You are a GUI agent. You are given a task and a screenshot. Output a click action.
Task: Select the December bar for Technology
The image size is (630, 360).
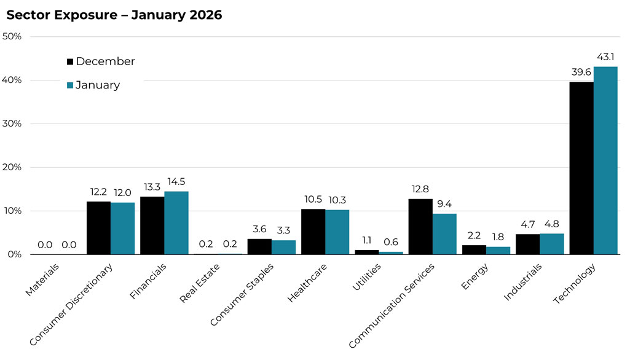click(x=581, y=168)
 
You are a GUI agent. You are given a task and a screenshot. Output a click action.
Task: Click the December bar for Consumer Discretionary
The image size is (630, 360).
click(x=98, y=228)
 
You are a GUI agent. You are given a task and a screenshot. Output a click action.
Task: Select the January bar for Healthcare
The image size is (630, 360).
click(x=337, y=232)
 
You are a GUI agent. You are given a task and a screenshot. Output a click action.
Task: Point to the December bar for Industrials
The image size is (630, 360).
click(x=527, y=244)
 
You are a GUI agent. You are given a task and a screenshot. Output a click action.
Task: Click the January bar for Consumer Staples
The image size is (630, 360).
click(x=283, y=247)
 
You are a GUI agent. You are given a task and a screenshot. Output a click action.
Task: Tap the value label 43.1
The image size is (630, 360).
click(x=606, y=57)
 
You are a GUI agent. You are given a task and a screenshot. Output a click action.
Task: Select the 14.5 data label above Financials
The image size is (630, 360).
click(x=177, y=182)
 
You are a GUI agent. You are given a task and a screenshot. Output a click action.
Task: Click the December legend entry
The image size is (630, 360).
click(x=100, y=61)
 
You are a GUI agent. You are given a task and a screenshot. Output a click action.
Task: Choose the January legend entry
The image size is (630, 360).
click(x=93, y=85)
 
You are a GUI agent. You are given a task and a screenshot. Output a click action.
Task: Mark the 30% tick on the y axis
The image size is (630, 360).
click(x=12, y=123)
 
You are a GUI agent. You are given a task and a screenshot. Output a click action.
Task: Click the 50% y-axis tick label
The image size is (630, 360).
click(x=12, y=36)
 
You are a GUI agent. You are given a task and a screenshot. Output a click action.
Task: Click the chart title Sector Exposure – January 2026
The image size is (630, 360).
click(x=114, y=15)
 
